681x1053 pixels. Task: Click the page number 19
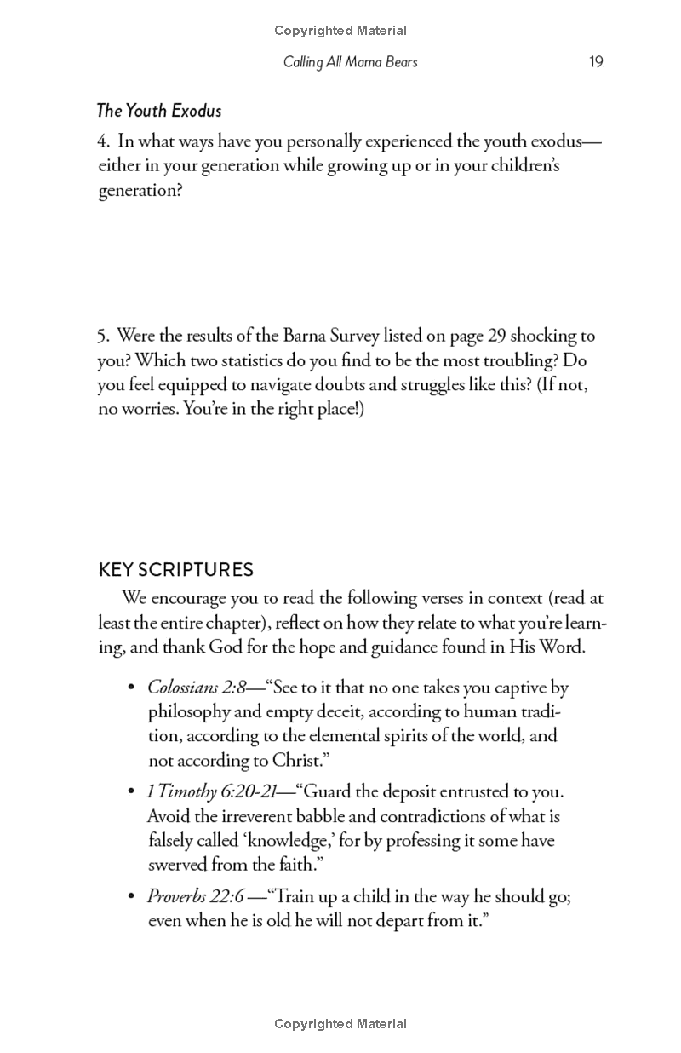click(596, 62)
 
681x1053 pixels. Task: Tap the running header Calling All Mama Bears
click(350, 62)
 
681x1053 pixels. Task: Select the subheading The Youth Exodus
click(159, 111)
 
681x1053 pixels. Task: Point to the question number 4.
click(102, 141)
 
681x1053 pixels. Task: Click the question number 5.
click(102, 336)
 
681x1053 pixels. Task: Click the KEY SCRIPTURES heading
click(176, 569)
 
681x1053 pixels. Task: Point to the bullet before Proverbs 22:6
click(131, 897)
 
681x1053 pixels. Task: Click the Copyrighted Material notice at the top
click(340, 31)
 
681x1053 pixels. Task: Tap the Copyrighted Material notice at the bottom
click(340, 1024)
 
